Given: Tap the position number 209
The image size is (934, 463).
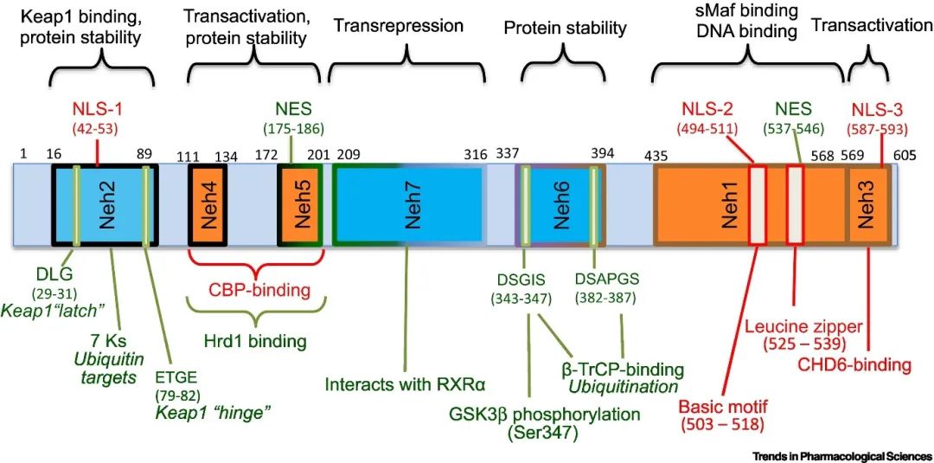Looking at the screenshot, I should pyautogui.click(x=346, y=154).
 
